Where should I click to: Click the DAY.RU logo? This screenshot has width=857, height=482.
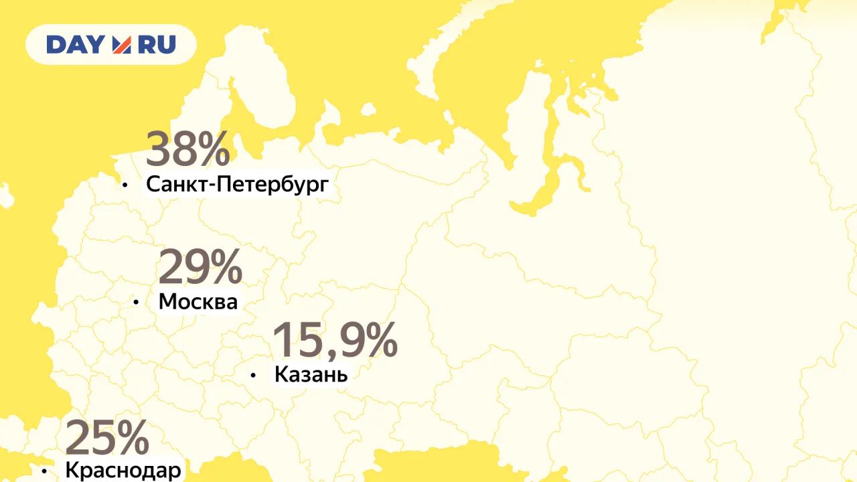(x=111, y=45)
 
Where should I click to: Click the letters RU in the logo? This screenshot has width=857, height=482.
(x=157, y=45)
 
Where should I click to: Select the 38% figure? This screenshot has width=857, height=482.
(x=187, y=149)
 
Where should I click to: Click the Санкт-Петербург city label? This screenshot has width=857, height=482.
(x=238, y=184)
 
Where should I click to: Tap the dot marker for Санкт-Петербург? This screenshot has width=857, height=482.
(x=125, y=184)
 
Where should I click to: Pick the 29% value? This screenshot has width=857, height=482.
(x=200, y=267)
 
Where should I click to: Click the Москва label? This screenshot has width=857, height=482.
(x=198, y=302)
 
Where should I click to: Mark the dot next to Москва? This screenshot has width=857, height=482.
(x=136, y=303)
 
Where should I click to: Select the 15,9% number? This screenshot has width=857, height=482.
(x=335, y=340)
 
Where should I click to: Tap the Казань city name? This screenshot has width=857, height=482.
(x=311, y=375)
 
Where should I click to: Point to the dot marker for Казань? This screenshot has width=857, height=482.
(x=253, y=376)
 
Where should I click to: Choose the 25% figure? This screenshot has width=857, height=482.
(x=107, y=438)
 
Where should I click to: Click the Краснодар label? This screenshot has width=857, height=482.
(x=123, y=471)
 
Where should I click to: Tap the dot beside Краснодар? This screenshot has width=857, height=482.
(x=44, y=471)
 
